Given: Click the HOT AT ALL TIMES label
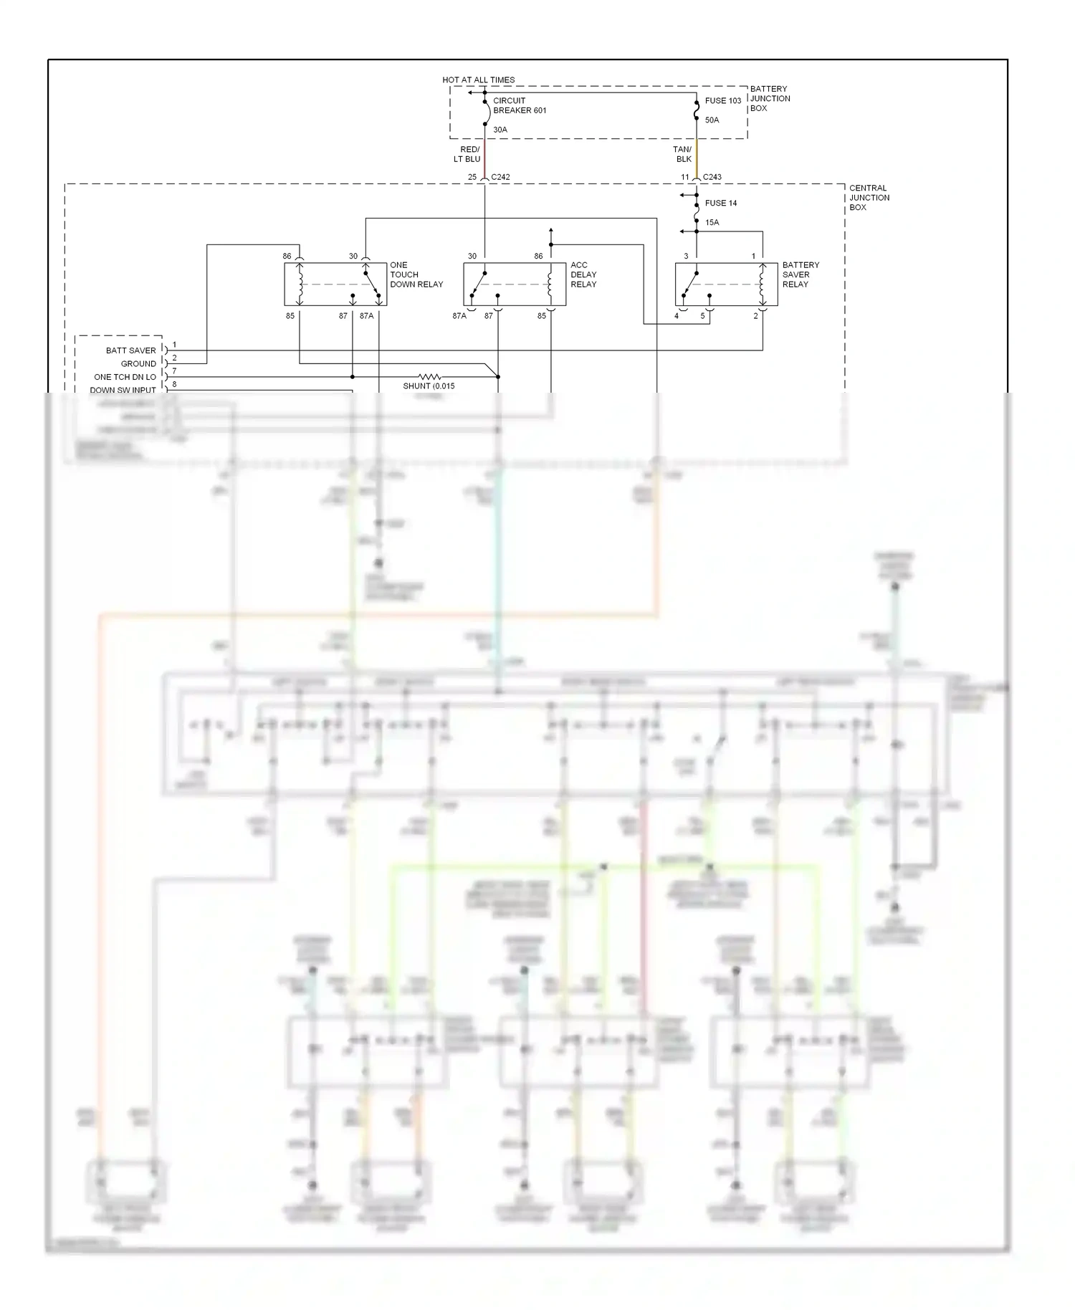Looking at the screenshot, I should [478, 80].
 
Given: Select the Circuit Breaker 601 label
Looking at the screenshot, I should [519, 105].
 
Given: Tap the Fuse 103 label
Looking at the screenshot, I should [722, 100].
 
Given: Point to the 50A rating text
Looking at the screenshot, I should [712, 120].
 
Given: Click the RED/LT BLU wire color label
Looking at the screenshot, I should [467, 154].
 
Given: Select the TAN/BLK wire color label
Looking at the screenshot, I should [683, 154].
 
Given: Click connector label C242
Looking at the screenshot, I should [500, 177].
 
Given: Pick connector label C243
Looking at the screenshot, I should [712, 177].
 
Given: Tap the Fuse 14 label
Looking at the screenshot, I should [720, 203].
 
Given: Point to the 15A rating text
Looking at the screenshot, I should [712, 222].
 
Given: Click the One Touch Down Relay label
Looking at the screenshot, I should [416, 274].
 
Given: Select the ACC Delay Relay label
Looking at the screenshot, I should [583, 274].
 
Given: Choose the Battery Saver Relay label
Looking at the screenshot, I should [800, 274].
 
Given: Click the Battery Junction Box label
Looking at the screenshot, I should [770, 98].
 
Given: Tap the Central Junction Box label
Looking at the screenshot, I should [869, 197].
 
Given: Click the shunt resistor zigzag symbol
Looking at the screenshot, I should [429, 376].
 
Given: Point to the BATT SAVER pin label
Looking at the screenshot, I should [130, 350].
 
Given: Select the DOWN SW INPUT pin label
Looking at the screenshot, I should [123, 390].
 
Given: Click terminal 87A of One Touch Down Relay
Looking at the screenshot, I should [366, 316].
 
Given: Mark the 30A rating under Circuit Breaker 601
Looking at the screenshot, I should [500, 130].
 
